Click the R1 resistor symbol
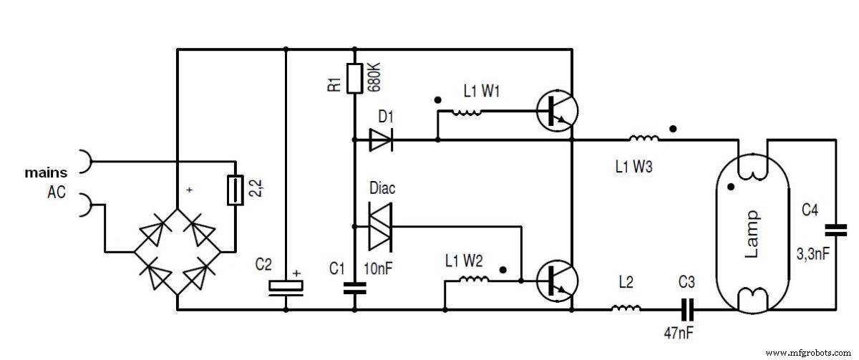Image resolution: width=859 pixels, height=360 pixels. [x=354, y=78]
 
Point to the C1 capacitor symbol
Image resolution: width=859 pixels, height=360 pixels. [x=354, y=288]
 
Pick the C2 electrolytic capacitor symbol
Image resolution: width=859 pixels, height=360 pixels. [x=286, y=286]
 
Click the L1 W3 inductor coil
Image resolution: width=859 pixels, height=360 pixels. [x=644, y=139]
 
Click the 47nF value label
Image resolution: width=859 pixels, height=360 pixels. [x=679, y=334]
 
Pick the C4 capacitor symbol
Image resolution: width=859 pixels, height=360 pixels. [x=835, y=230]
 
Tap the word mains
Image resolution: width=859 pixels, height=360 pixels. [x=46, y=172]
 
